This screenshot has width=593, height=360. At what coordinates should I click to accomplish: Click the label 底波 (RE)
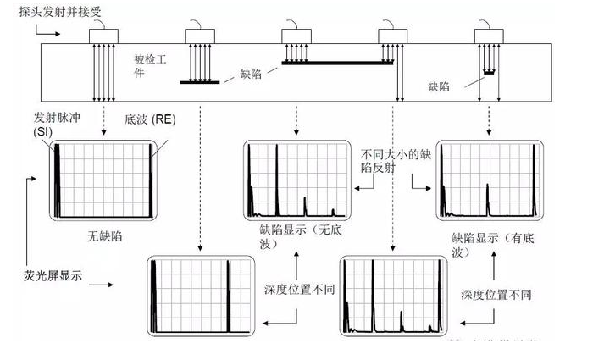[x=148, y=121]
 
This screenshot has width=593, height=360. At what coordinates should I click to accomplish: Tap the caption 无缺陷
[x=105, y=235]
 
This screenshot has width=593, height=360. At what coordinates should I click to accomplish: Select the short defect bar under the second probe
[x=200, y=82]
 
